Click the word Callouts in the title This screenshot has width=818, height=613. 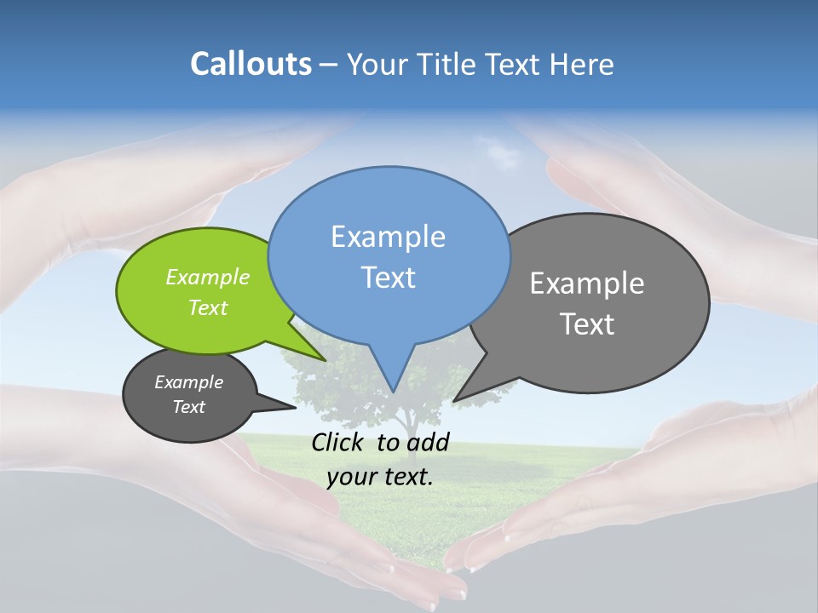[251, 64]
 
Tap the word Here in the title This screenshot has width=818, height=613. [582, 64]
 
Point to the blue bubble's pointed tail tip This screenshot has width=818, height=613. [393, 391]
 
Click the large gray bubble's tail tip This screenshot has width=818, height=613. [455, 400]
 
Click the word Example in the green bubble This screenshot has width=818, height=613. [207, 277]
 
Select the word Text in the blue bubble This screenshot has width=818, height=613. [388, 278]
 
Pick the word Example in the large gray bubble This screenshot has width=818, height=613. [586, 283]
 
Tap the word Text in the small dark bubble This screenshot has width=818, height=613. [188, 407]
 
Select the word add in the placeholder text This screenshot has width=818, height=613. [427, 442]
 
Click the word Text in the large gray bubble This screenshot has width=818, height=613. [587, 324]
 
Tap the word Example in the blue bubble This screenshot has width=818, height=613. [388, 236]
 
